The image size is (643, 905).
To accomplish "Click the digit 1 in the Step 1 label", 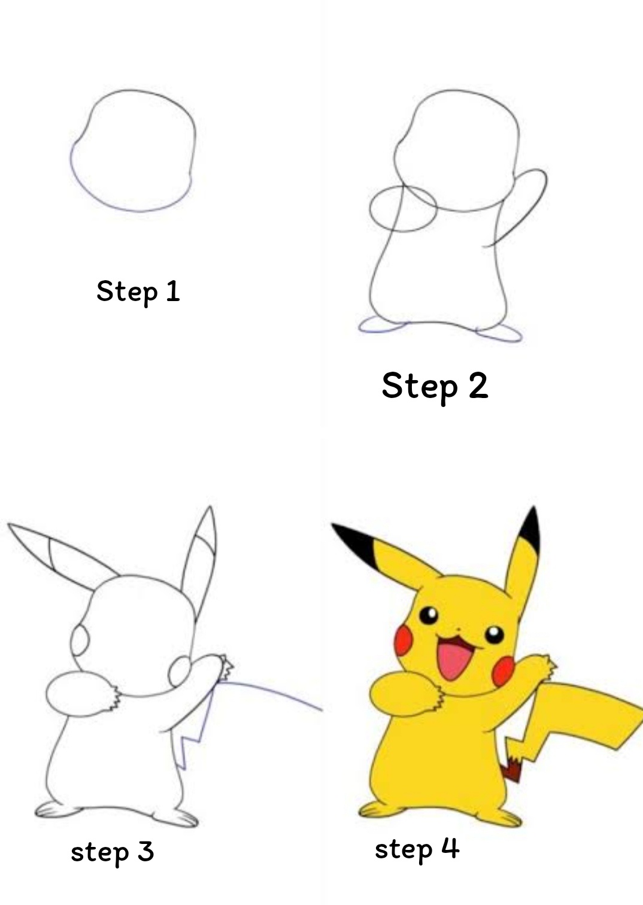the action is click(173, 291).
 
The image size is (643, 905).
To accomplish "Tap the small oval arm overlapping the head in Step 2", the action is click(371, 209).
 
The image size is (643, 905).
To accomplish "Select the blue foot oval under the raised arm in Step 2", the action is click(499, 334).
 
